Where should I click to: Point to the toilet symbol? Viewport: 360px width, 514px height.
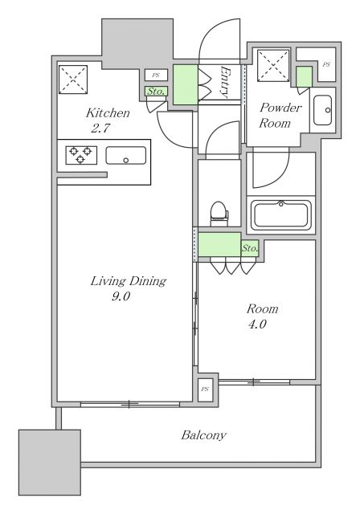pos(218,211)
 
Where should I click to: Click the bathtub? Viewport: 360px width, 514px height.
pos(281,216)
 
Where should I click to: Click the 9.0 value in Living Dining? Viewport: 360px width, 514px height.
pos(121,296)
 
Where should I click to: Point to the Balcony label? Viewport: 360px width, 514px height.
pos(203,435)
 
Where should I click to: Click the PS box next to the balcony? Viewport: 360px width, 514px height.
pos(206,389)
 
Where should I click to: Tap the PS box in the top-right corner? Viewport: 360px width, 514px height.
pos(325,64)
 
